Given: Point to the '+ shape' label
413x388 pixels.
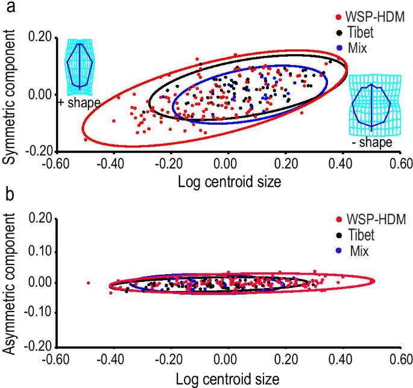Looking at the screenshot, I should coord(79,103).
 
